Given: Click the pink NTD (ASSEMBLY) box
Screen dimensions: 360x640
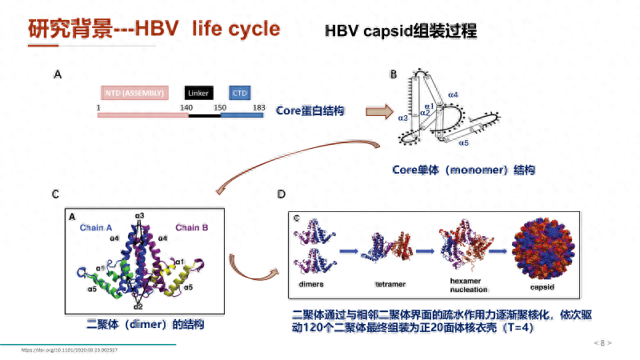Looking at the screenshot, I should coord(134,93).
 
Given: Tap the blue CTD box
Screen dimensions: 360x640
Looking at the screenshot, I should coord(240,93).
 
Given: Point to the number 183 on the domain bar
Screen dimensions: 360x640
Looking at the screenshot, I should coord(258,106).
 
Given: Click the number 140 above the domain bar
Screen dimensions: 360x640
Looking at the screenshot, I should coord(186,106).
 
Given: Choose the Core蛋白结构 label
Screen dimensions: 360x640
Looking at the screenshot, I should coord(310,111).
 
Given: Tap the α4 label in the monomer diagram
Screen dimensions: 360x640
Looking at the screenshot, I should coord(453,95).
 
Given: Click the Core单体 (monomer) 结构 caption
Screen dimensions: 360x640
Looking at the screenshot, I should coord(463,170).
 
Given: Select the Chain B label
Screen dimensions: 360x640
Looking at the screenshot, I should coord(192,228).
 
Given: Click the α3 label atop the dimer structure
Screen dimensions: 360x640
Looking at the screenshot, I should coord(139,216).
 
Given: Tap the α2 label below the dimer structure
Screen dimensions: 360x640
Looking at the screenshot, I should coord(138,306).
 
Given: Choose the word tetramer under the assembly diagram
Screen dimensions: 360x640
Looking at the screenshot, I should coord(390,284).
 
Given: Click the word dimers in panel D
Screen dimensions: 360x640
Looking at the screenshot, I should coord(311,284).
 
